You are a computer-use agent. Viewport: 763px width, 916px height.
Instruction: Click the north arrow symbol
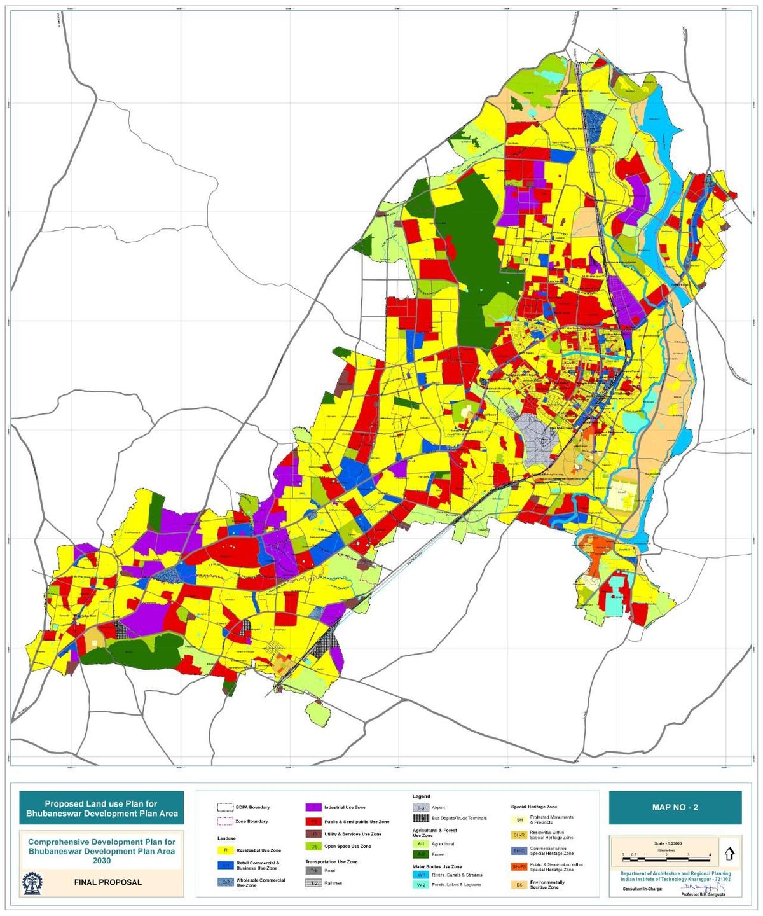tap(729, 853)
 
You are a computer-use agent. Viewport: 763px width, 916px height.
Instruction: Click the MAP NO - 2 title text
tap(675, 807)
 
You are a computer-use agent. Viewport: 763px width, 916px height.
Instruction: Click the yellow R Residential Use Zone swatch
tap(225, 850)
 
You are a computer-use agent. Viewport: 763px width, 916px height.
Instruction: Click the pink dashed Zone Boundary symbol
tap(225, 821)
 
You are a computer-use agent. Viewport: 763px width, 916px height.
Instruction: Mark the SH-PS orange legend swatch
tap(519, 867)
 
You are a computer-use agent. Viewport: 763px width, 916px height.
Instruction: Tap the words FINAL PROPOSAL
tap(107, 882)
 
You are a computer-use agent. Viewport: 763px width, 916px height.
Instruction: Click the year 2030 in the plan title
tap(101, 861)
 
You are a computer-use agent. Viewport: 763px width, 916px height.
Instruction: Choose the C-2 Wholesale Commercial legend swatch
tap(225, 882)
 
